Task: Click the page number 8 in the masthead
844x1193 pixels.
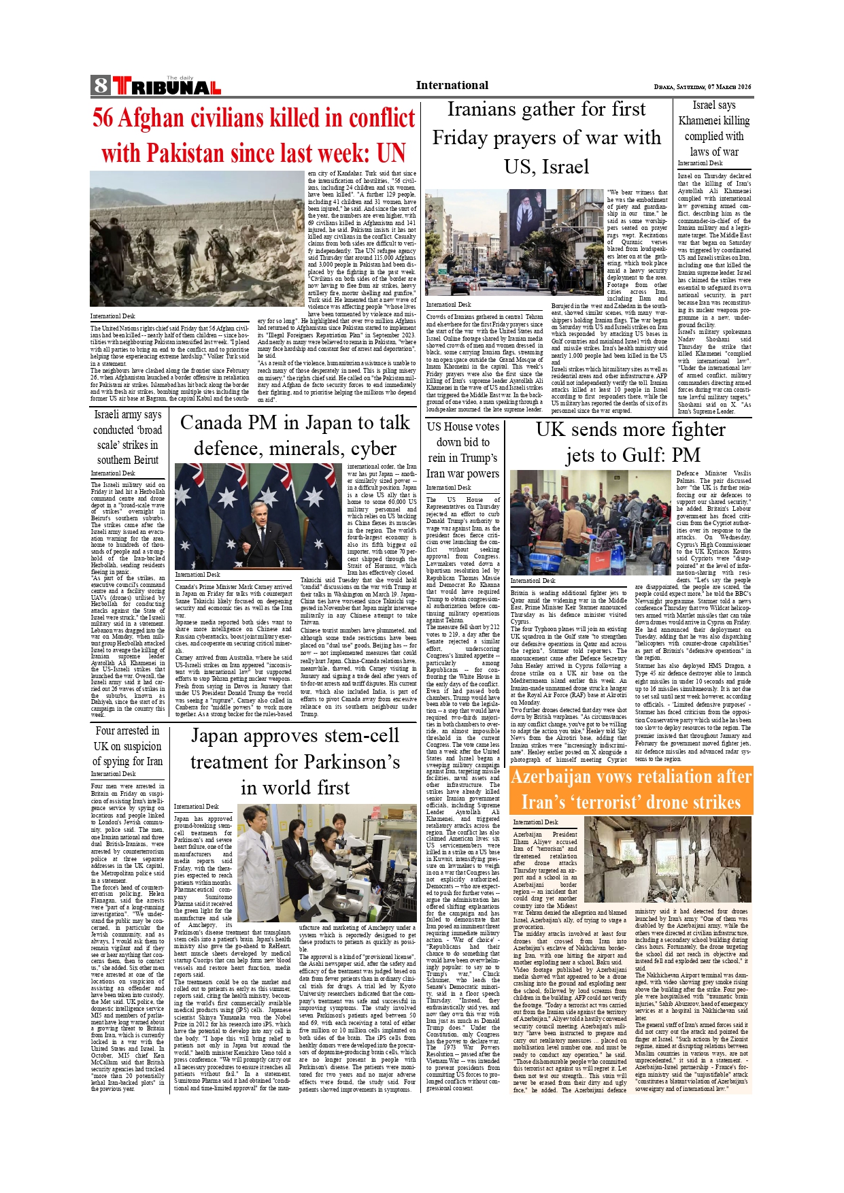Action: coord(101,86)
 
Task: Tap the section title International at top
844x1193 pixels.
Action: coord(452,85)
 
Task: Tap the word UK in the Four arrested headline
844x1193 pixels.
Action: coord(101,746)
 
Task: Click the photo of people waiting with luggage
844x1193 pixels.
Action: coord(590,522)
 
